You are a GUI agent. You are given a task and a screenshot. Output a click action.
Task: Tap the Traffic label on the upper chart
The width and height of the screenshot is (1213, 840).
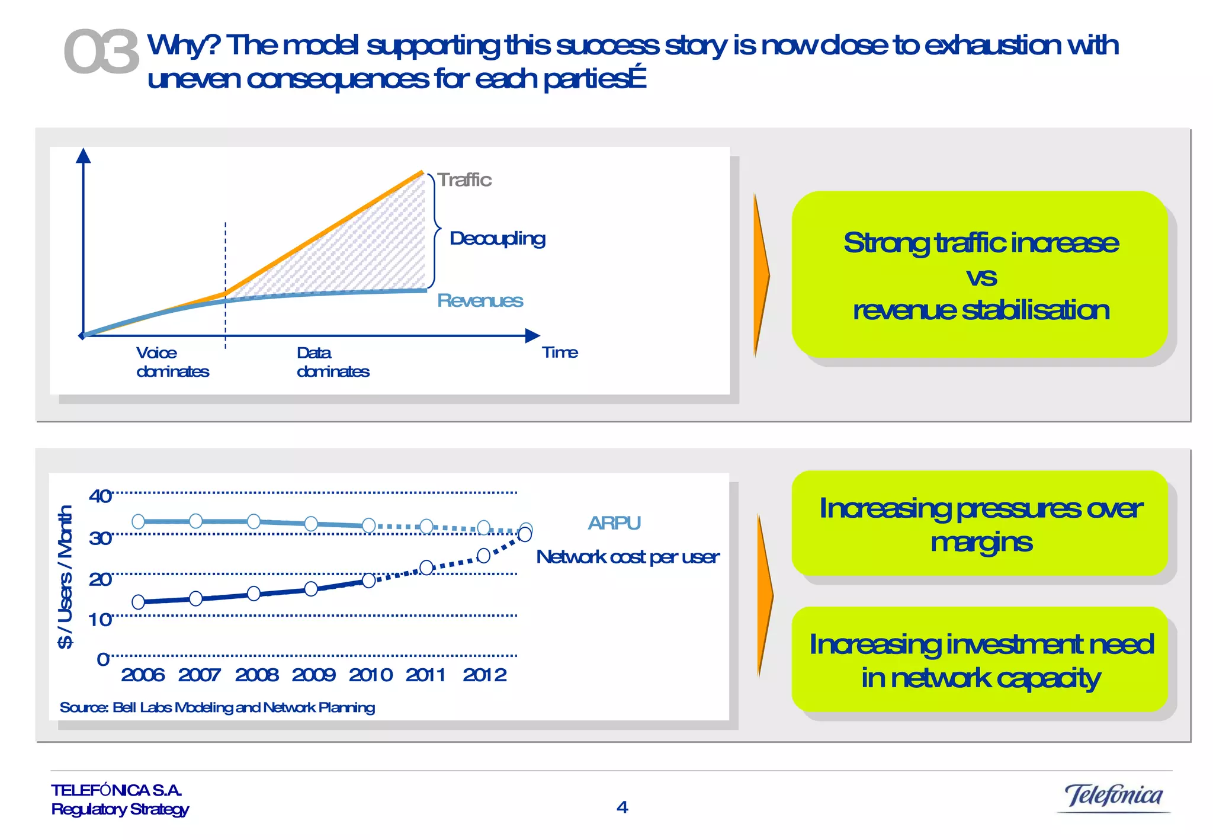coord(464,180)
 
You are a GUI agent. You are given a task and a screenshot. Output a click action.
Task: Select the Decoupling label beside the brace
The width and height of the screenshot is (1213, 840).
coord(497,239)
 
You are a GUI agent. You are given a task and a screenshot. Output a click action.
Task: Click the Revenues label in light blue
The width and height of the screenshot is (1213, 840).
coord(480,301)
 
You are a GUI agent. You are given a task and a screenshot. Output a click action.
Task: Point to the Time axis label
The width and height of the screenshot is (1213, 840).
coord(560,352)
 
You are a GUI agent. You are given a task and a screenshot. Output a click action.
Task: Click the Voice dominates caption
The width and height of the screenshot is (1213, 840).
coord(172,362)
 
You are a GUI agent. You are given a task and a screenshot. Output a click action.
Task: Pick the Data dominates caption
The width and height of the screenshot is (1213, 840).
coord(332,362)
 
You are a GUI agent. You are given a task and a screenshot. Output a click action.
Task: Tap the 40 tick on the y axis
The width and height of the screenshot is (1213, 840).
coord(100,496)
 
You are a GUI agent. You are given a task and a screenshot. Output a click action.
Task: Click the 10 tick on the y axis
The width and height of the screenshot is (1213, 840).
coord(100,620)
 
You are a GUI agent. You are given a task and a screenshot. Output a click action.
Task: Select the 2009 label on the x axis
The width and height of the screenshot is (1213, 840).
coord(313,675)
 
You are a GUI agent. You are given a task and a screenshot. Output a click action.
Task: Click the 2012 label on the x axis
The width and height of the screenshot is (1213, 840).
coord(484,675)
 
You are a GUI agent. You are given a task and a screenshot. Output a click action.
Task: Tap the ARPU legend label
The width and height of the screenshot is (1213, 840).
coord(614,523)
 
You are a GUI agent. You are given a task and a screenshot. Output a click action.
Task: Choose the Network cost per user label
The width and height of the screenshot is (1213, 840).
coord(627,557)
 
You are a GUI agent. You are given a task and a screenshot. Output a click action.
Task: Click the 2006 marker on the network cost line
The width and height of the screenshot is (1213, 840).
coord(139,602)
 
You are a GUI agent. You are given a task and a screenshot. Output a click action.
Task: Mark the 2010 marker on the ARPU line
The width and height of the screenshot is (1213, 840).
coord(368,525)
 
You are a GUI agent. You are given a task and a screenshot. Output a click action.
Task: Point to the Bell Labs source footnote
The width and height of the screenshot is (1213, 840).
coord(217,707)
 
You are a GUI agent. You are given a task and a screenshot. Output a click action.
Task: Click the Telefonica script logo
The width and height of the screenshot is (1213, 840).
coord(1113,796)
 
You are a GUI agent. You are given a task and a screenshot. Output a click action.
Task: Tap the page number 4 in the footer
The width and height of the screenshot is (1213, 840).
coord(622,807)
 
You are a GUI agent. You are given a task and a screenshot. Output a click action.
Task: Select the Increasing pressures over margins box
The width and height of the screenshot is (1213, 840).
coord(980,524)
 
